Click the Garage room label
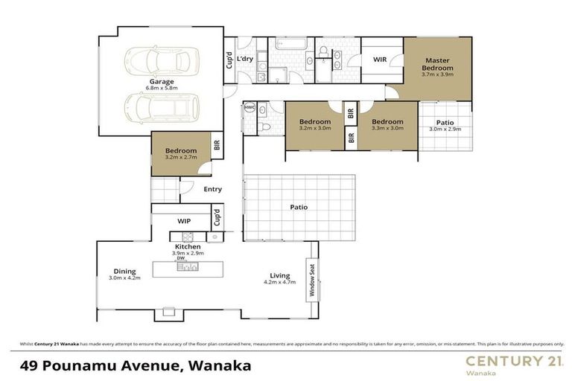(161, 81)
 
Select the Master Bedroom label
(439, 64)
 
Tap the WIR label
(379, 60)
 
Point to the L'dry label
(247, 60)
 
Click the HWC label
(249, 107)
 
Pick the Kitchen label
(187, 246)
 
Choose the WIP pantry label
(184, 221)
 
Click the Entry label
(213, 189)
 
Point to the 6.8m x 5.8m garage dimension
(161, 89)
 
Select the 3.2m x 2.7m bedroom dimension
(181, 158)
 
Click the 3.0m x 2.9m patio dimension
(445, 129)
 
